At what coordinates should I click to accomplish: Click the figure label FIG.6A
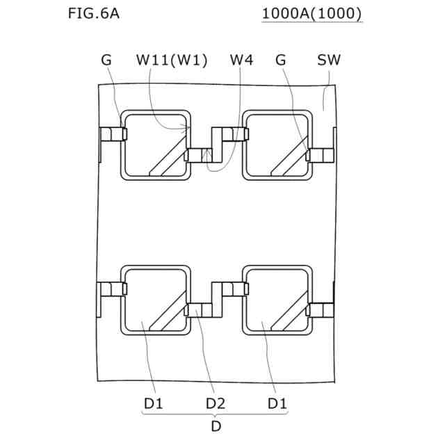[94, 13]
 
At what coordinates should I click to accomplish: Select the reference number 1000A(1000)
[311, 13]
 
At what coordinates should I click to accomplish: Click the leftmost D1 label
[151, 403]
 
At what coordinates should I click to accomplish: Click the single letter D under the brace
[215, 426]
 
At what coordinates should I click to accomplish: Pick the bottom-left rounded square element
[155, 299]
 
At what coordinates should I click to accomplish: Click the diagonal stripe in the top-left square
[168, 159]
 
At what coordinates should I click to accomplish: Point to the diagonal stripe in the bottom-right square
[288, 314]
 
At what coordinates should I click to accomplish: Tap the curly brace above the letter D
[215, 414]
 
